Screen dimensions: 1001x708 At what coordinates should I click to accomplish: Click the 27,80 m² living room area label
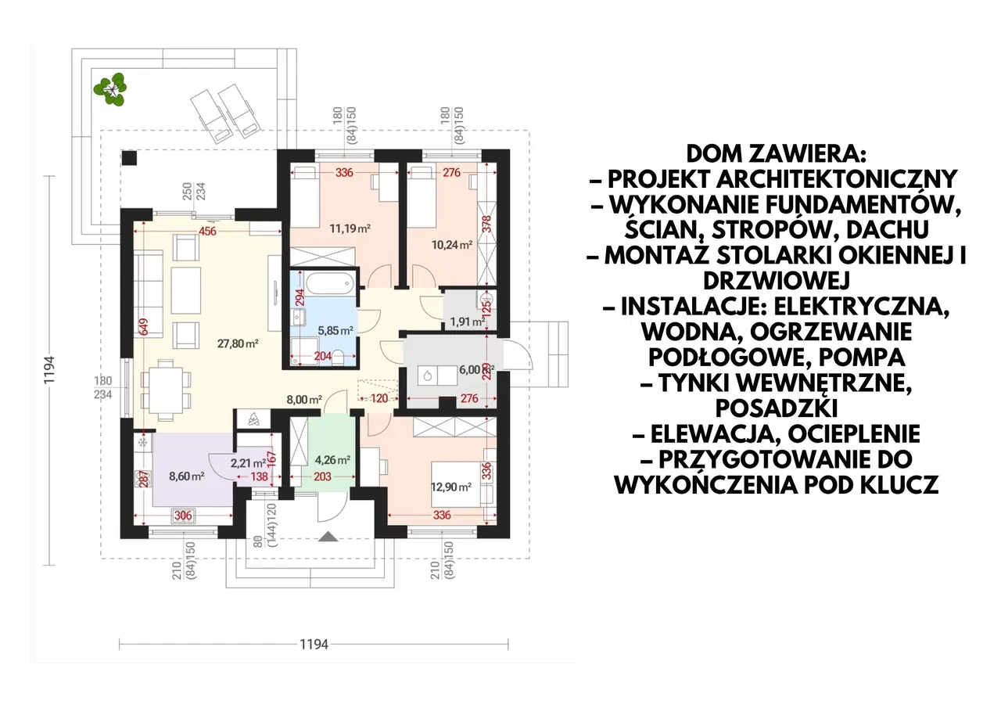[238, 343]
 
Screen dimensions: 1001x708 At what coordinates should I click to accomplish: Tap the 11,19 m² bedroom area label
[350, 228]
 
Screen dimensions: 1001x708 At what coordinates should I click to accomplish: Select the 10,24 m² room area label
[452, 245]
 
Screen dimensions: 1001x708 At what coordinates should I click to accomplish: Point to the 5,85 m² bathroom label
[335, 331]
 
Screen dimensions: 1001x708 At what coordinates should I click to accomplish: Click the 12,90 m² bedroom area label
[451, 487]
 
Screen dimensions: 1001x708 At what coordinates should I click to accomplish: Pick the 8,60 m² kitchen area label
[186, 476]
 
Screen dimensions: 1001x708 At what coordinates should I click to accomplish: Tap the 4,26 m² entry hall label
[332, 459]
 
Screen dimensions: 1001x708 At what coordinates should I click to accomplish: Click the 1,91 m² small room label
[468, 322]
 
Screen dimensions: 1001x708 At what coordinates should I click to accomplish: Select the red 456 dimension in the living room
[207, 231]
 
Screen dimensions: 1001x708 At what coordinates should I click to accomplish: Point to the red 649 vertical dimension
[144, 327]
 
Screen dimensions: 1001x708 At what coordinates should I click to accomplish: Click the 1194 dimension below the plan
[314, 644]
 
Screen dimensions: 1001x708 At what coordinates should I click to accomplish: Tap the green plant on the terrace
[110, 89]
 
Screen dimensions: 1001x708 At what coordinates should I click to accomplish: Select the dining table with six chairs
[166, 390]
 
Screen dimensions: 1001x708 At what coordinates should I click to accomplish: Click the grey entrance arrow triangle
[328, 537]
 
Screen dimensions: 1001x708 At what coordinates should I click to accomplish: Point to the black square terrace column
[130, 158]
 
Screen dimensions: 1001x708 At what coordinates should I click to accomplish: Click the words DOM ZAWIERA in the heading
[777, 154]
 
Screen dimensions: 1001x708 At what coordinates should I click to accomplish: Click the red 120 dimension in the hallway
[379, 397]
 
